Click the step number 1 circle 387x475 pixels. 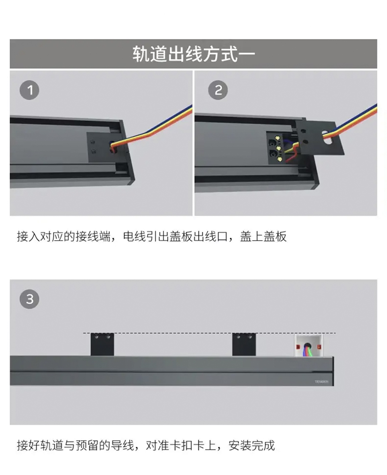tap(30, 90)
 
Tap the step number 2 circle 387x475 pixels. tap(218, 90)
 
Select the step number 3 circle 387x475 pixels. tap(30, 299)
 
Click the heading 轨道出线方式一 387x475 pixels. tap(193, 54)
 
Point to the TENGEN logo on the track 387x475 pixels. tap(321, 382)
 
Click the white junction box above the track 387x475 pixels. tap(309, 345)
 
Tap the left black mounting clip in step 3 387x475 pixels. tap(102, 345)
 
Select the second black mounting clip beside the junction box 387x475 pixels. tap(244, 345)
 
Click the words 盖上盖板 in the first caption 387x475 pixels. tap(263, 236)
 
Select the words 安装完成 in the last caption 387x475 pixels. tap(252, 446)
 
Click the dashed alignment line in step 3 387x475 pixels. tap(209, 333)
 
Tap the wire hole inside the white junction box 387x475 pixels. tap(307, 345)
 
